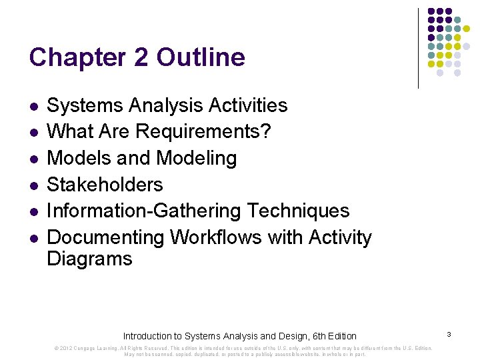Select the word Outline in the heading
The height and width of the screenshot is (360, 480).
tap(201, 57)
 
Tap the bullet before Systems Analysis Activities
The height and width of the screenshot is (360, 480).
tap(34, 106)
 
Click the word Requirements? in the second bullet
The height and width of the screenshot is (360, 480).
tap(203, 131)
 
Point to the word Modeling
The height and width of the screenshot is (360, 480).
tap(196, 158)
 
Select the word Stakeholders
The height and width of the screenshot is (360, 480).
tap(105, 184)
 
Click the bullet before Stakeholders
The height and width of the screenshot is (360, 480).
tap(34, 185)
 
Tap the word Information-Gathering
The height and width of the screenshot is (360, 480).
tap(145, 211)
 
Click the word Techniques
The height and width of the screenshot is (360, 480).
tap(298, 211)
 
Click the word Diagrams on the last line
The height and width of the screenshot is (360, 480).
tap(89, 259)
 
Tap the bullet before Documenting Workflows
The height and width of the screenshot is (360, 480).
tap(34, 238)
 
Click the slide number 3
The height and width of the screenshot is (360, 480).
tap(450, 333)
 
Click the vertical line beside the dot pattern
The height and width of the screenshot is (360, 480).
tap(418, 48)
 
